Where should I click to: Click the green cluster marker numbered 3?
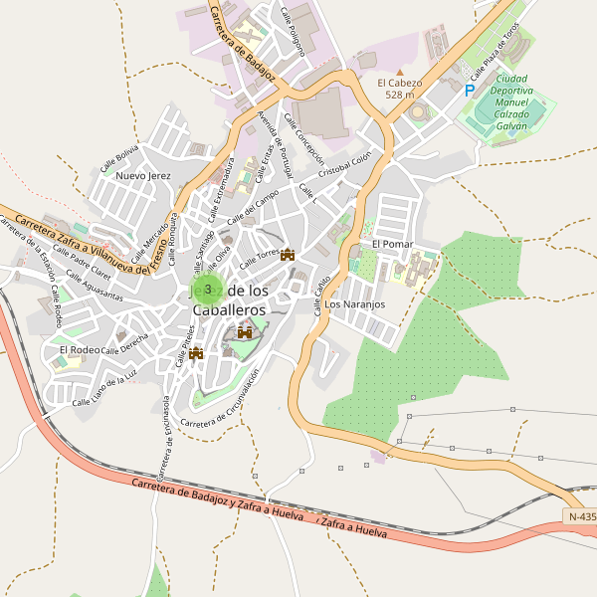[x=207, y=290]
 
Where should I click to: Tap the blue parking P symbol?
[x=470, y=90]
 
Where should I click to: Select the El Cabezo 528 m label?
[x=399, y=89]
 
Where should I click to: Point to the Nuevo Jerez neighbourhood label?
[x=144, y=176]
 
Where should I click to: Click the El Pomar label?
[x=392, y=244]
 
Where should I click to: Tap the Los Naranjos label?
[x=355, y=303]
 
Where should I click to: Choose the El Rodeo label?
[x=80, y=350]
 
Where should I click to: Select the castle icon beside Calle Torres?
[x=289, y=255]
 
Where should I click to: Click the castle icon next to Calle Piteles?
[x=196, y=352]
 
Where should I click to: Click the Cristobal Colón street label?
[x=344, y=162]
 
